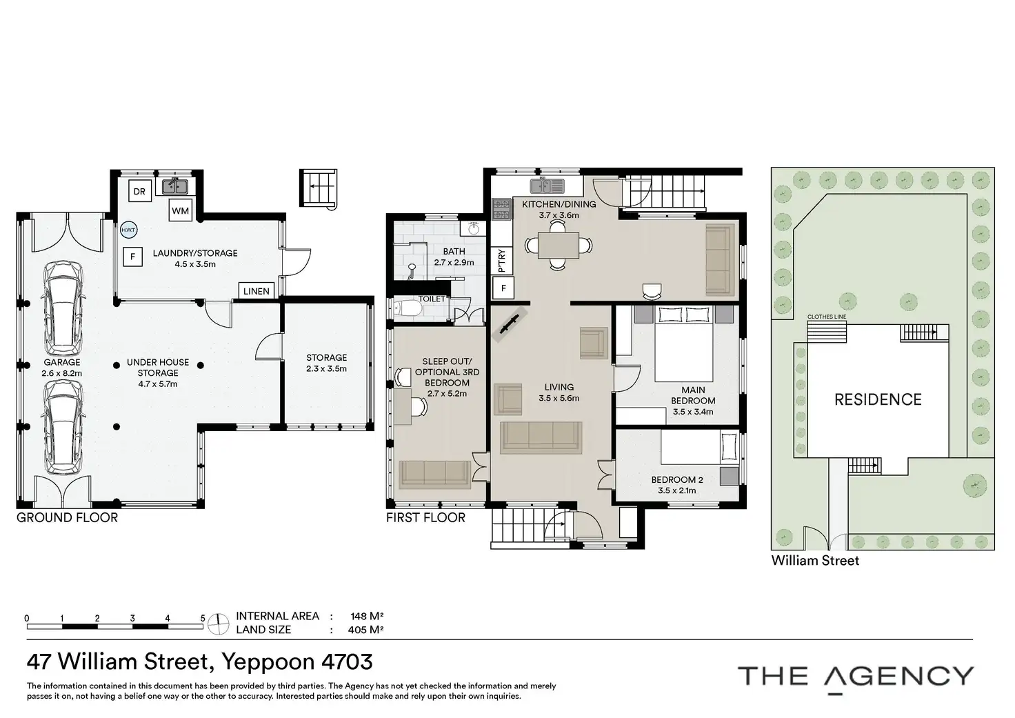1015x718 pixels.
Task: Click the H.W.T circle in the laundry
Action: [x=128, y=230]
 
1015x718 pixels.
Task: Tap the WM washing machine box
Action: [x=181, y=211]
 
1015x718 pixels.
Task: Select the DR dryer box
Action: [x=139, y=191]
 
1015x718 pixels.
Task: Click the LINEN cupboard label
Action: [x=257, y=292]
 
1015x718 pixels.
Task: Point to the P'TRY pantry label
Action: [x=501, y=261]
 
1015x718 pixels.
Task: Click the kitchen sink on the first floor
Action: [x=547, y=186]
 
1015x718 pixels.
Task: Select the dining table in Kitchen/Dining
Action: [x=559, y=246]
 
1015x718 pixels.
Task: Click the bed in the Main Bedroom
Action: [x=684, y=343]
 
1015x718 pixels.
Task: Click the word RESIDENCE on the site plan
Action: [x=878, y=399]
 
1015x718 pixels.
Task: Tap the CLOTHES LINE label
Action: [x=827, y=317]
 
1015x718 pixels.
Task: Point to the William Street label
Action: [x=815, y=561]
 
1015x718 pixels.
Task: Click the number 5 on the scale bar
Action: [x=203, y=618]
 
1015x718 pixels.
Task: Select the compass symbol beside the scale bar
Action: [x=219, y=624]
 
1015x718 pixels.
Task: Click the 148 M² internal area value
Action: [x=367, y=617]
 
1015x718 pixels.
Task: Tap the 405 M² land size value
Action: [x=366, y=630]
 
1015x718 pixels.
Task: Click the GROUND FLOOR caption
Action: [x=67, y=518]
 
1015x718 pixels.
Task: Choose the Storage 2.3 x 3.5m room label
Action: [x=326, y=363]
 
